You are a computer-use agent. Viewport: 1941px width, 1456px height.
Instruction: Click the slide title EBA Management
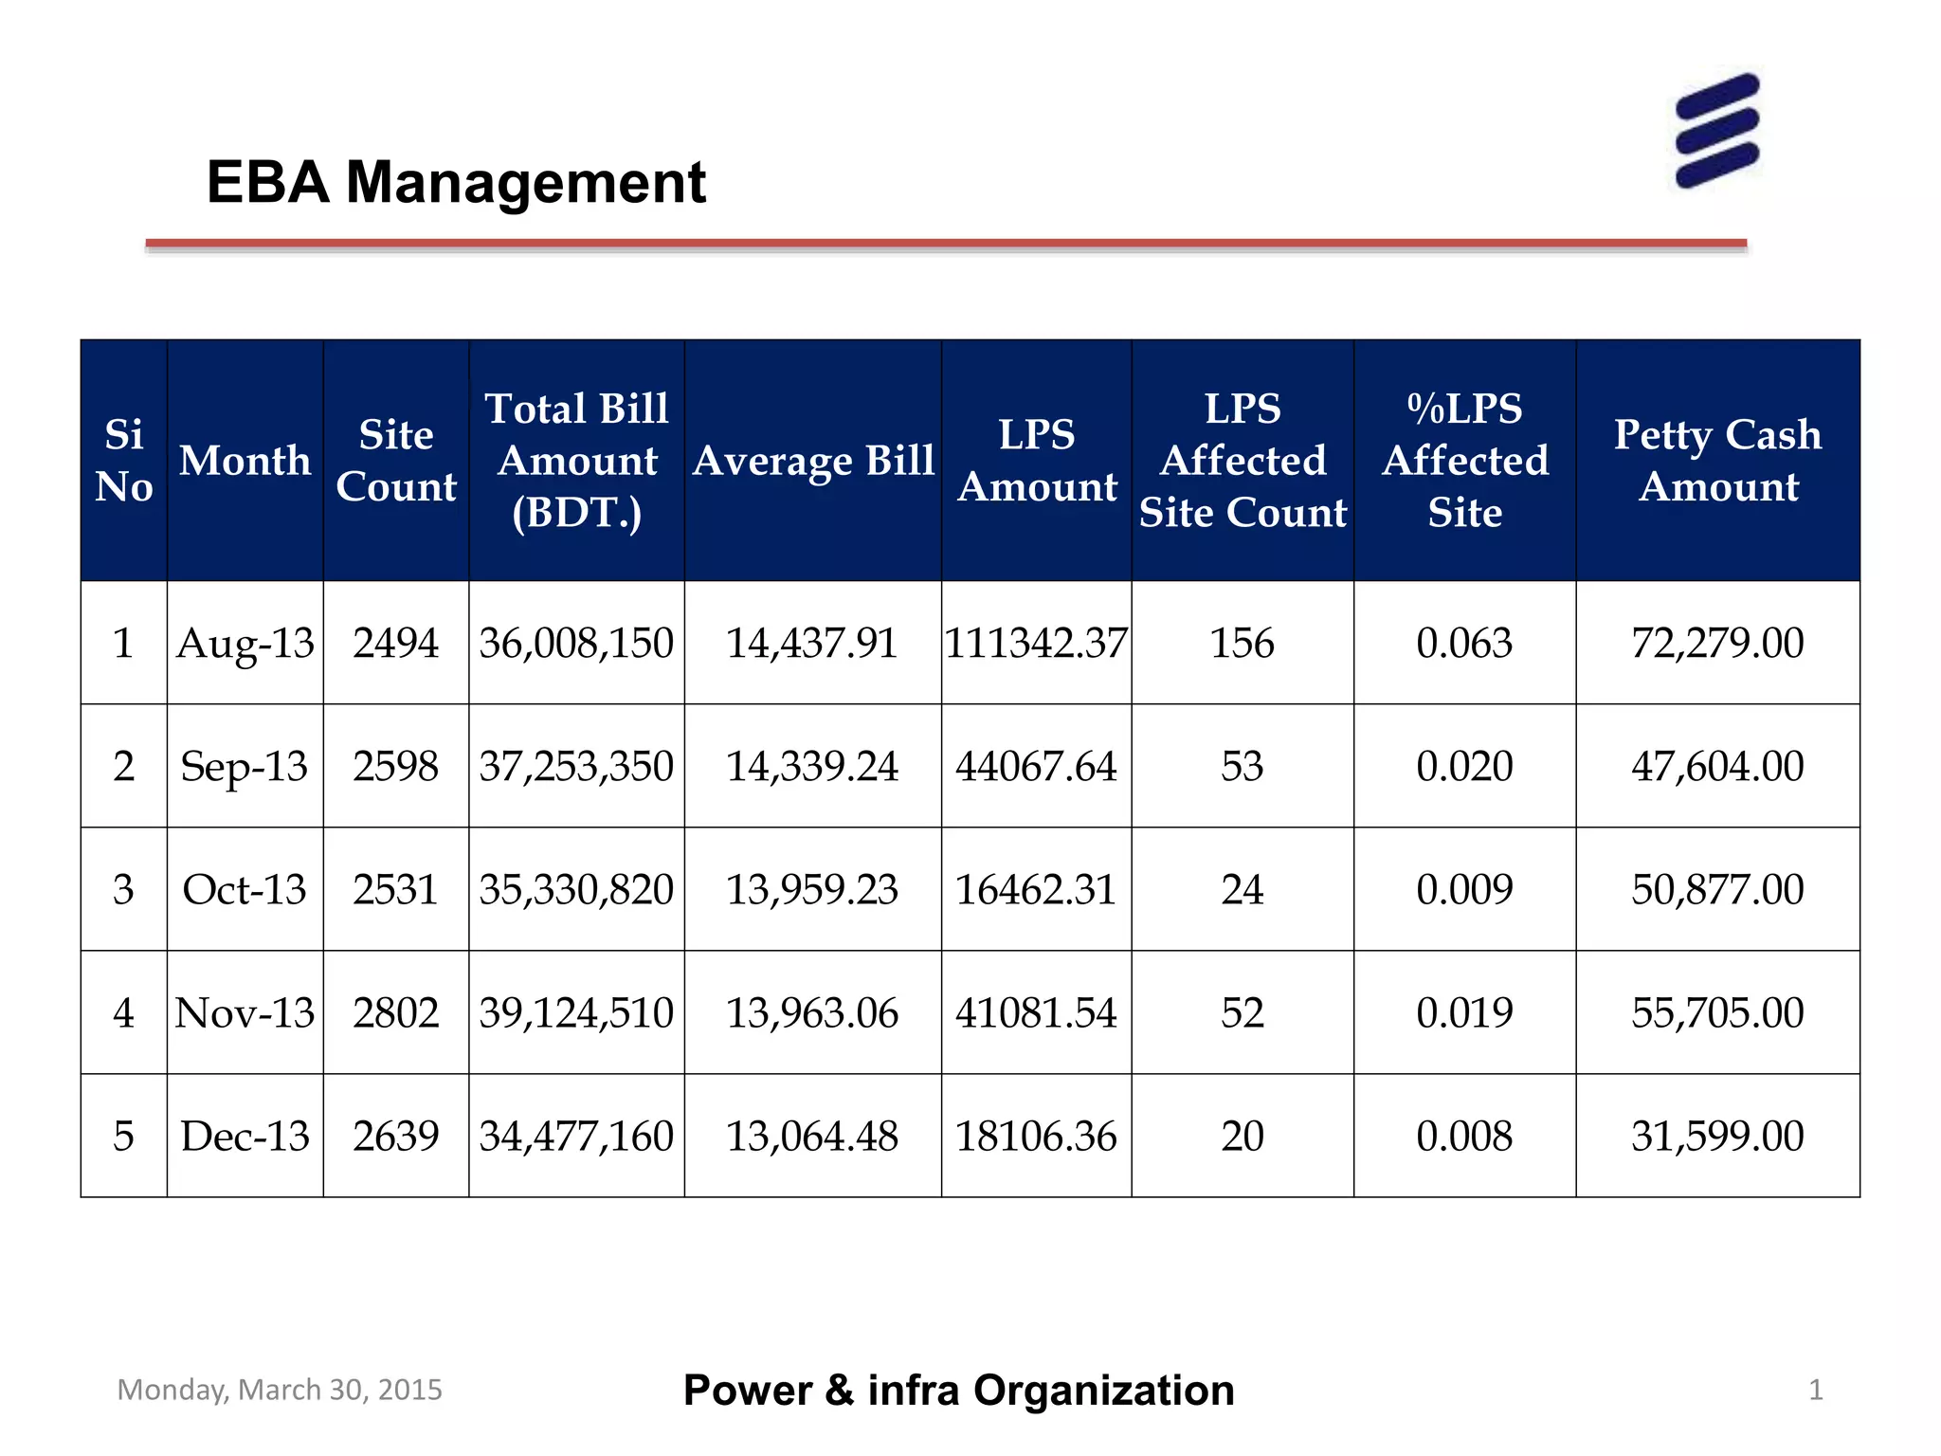click(x=456, y=182)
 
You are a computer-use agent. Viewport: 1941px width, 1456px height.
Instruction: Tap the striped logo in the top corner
click(x=1717, y=130)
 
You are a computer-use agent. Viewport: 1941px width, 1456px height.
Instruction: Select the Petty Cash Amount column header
click(x=1717, y=460)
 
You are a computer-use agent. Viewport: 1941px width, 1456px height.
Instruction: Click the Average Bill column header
click(x=813, y=461)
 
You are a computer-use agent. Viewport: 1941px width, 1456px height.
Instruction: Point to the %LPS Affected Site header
click(x=1464, y=460)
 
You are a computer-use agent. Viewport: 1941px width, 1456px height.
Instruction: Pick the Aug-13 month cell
click(x=245, y=643)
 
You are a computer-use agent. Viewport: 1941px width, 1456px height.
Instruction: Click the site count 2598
click(x=395, y=766)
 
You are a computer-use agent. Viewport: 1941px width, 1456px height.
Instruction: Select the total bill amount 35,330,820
click(x=576, y=889)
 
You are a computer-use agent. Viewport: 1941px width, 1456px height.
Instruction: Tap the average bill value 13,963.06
click(x=811, y=1012)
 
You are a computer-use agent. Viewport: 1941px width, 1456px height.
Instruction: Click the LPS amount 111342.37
click(x=1036, y=643)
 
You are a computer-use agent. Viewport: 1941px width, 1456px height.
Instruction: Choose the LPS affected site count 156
click(x=1242, y=643)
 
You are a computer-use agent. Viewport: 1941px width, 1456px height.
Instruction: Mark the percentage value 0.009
click(x=1464, y=889)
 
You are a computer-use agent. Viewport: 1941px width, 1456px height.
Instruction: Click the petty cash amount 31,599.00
click(x=1717, y=1136)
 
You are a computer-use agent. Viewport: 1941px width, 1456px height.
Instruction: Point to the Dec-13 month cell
click(x=245, y=1136)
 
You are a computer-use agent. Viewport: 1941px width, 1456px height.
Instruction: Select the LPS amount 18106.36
click(x=1036, y=1136)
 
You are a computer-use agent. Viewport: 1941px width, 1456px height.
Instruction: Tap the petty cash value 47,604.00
click(x=1717, y=766)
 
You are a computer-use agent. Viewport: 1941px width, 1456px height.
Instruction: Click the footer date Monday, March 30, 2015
click(x=280, y=1390)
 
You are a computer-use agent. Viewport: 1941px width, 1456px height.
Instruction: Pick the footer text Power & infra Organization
click(x=958, y=1391)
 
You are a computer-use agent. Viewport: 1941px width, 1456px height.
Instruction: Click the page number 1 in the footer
click(x=1815, y=1390)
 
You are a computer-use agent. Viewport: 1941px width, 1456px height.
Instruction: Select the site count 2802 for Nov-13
click(x=395, y=1012)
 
